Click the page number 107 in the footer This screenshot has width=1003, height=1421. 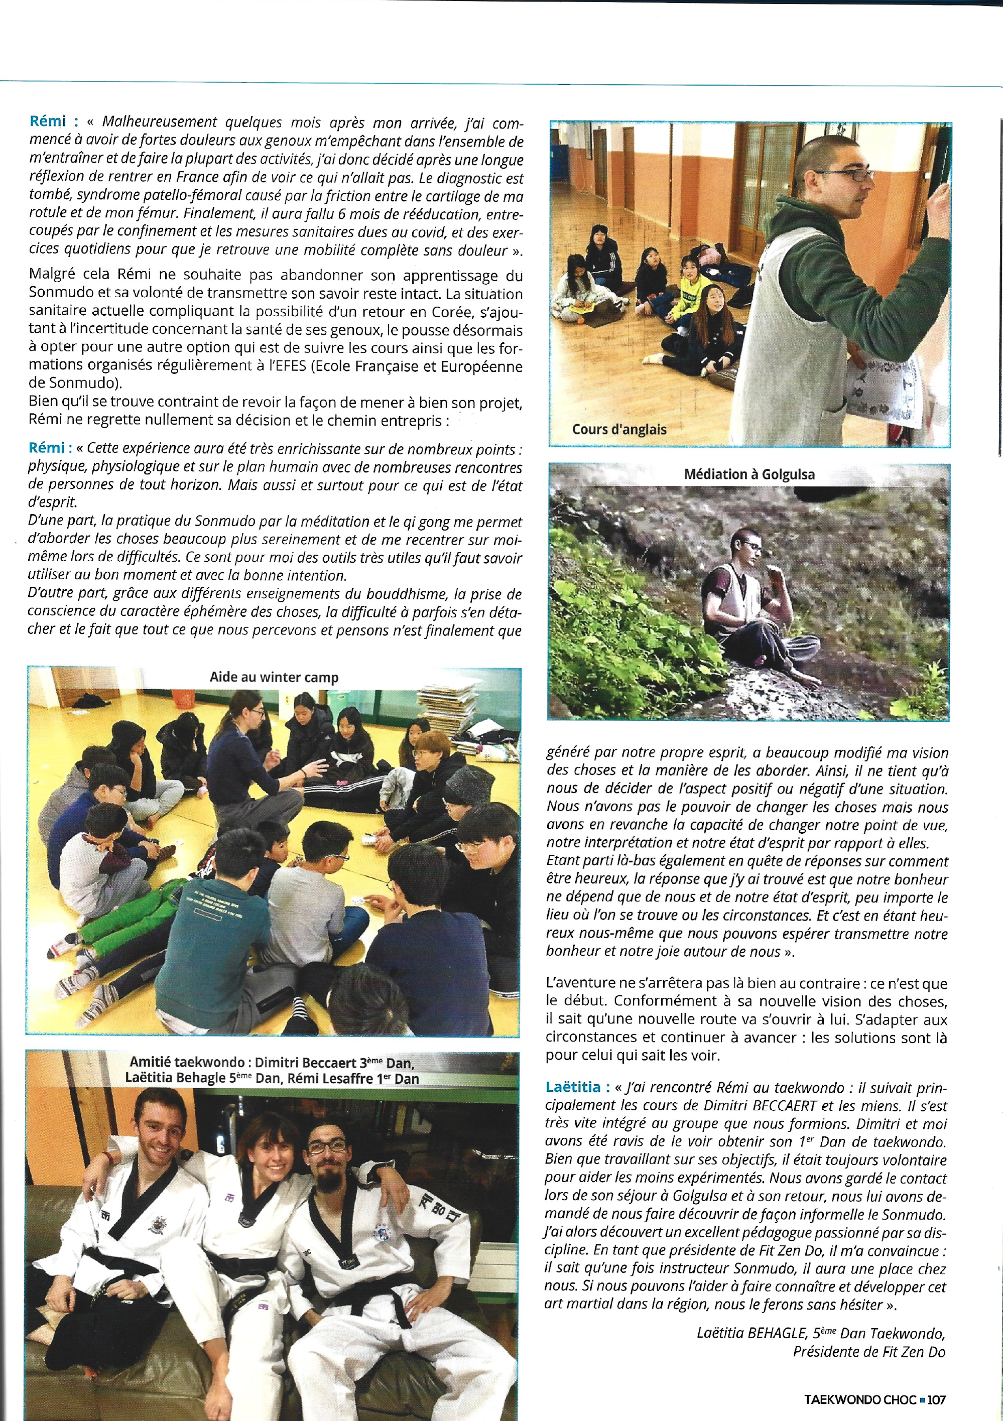click(x=937, y=1399)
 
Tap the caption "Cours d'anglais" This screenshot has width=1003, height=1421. click(x=619, y=430)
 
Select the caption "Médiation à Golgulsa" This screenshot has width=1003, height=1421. click(x=749, y=475)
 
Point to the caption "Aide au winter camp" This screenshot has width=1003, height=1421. click(x=274, y=677)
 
